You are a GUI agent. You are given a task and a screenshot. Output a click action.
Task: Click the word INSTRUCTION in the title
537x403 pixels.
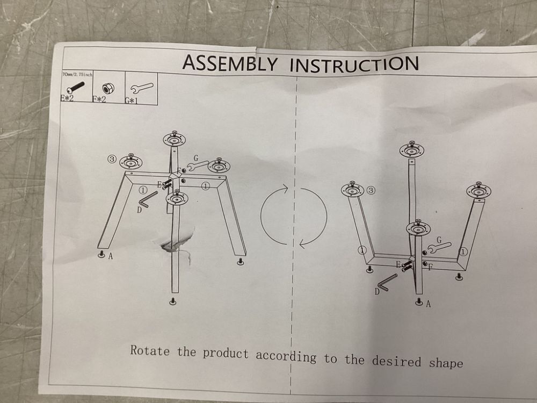[354, 64]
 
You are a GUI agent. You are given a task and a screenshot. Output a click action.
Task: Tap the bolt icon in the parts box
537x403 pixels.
[76, 88]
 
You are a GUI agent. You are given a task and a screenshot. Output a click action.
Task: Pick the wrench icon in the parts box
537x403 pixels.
[141, 89]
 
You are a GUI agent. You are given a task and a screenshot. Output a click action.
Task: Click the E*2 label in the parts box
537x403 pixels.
[67, 98]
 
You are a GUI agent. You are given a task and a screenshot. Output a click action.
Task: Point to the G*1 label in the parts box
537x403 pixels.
[131, 101]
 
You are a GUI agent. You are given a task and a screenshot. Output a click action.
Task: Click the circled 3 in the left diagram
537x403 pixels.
[112, 159]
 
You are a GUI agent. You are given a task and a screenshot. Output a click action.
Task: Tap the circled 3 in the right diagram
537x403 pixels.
[371, 190]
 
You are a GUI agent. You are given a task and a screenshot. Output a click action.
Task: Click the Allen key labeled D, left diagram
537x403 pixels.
[147, 199]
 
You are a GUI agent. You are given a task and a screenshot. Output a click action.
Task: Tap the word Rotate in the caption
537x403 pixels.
[150, 350]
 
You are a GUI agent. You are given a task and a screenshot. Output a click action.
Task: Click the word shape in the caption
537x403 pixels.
[446, 363]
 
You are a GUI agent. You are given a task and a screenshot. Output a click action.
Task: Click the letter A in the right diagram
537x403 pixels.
[428, 304]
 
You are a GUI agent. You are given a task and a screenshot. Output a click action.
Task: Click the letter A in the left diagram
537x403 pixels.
[110, 256]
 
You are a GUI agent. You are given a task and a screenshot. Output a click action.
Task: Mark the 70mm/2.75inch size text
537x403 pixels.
[77, 74]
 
